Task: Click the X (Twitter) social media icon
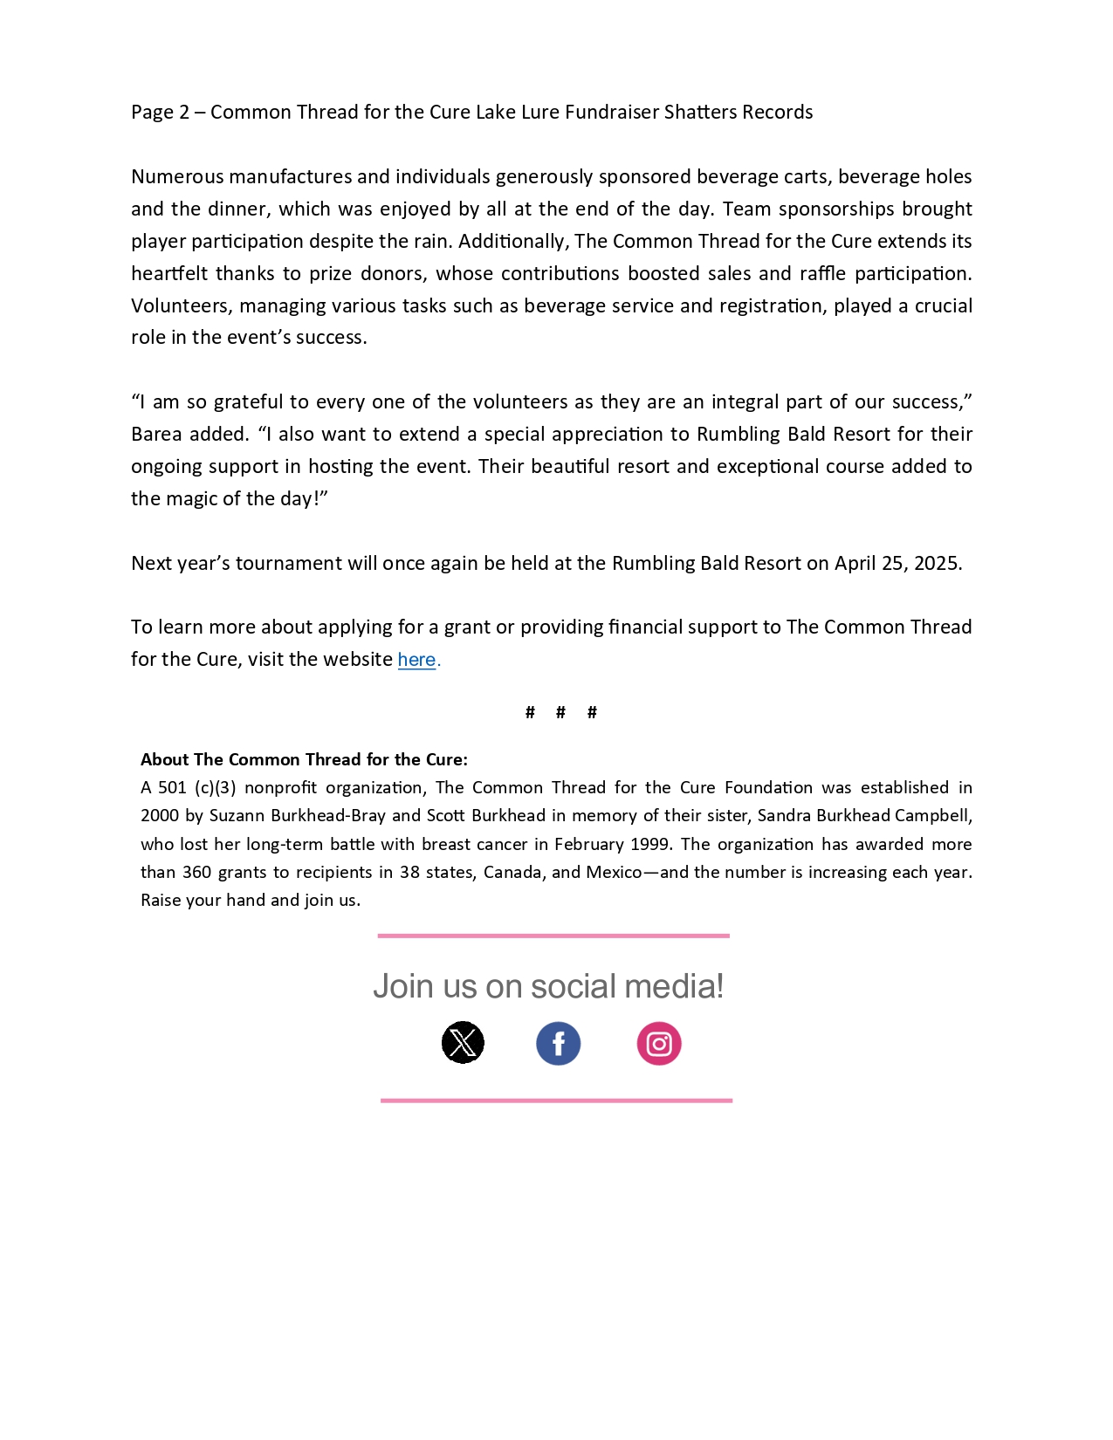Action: click(463, 1042)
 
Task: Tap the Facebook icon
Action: click(559, 1043)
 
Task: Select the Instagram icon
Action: click(659, 1043)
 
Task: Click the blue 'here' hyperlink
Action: click(416, 660)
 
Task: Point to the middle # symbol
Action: click(560, 713)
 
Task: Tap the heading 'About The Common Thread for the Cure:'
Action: click(304, 759)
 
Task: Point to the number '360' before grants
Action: click(196, 872)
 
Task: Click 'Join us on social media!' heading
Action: click(548, 986)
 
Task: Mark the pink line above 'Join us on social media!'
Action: click(553, 936)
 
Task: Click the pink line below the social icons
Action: click(556, 1101)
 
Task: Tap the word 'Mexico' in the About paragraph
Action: click(614, 872)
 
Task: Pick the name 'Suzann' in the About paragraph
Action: click(237, 816)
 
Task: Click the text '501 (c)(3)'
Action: click(196, 788)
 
